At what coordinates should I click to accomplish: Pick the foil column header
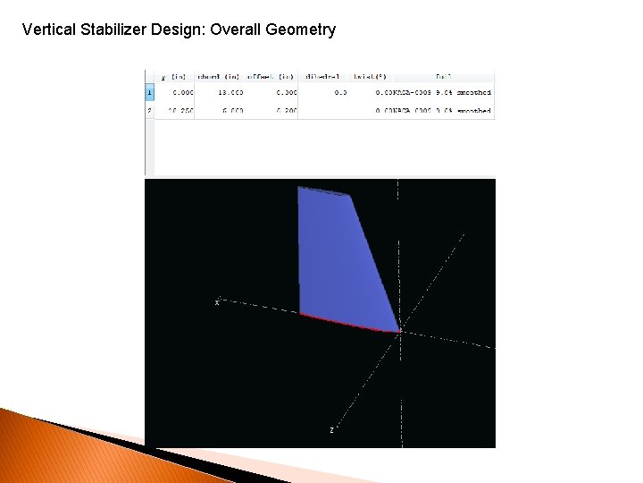443,76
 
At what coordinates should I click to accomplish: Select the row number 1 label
149,92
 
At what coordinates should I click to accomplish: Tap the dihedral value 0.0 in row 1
340,92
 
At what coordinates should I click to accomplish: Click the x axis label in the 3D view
216,302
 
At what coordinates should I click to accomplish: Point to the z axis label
331,430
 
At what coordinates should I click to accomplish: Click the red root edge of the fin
348,323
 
